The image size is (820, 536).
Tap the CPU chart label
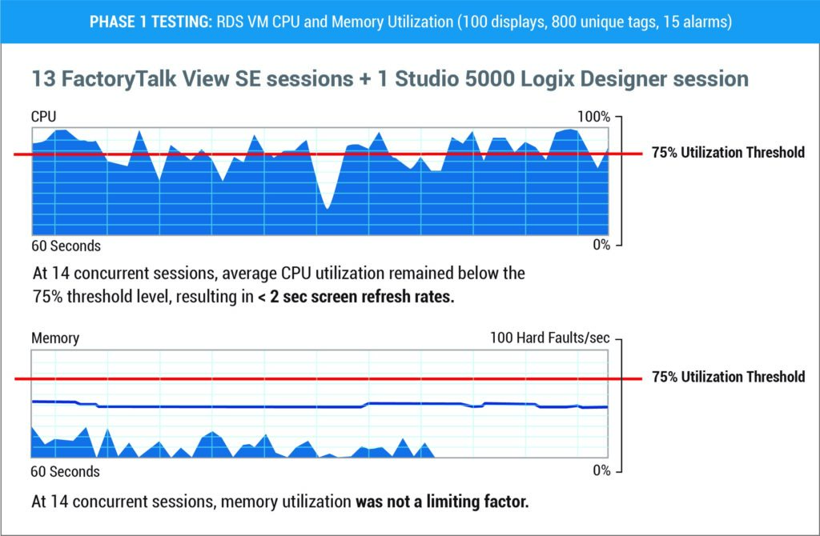pyautogui.click(x=43, y=117)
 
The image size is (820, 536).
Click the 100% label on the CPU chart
pyautogui.click(x=593, y=117)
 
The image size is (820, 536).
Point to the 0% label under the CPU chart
pyautogui.click(x=601, y=245)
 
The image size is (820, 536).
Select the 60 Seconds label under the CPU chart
pyautogui.click(x=66, y=246)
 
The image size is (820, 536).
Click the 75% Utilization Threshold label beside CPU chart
pyautogui.click(x=728, y=153)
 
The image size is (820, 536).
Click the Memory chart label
pyautogui.click(x=55, y=338)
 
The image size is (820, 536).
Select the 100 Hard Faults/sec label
pyautogui.click(x=550, y=338)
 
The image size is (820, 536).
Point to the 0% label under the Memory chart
pyautogui.click(x=601, y=470)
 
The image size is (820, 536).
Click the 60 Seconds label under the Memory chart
pyautogui.click(x=66, y=471)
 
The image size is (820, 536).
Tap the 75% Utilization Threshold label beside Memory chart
pyautogui.click(x=728, y=377)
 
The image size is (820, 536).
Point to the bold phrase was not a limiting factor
pyautogui.click(x=444, y=502)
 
